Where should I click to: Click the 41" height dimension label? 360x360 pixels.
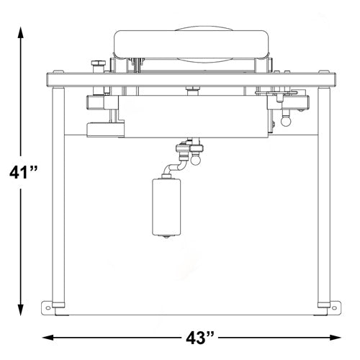[23, 172]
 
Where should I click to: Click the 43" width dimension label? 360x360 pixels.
[200, 338]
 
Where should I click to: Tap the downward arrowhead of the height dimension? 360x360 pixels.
[21, 310]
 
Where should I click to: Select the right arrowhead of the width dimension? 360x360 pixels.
[335, 338]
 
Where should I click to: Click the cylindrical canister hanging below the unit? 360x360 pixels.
[166, 207]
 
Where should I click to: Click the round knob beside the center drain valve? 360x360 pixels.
[196, 160]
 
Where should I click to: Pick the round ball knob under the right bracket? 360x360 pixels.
[286, 120]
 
